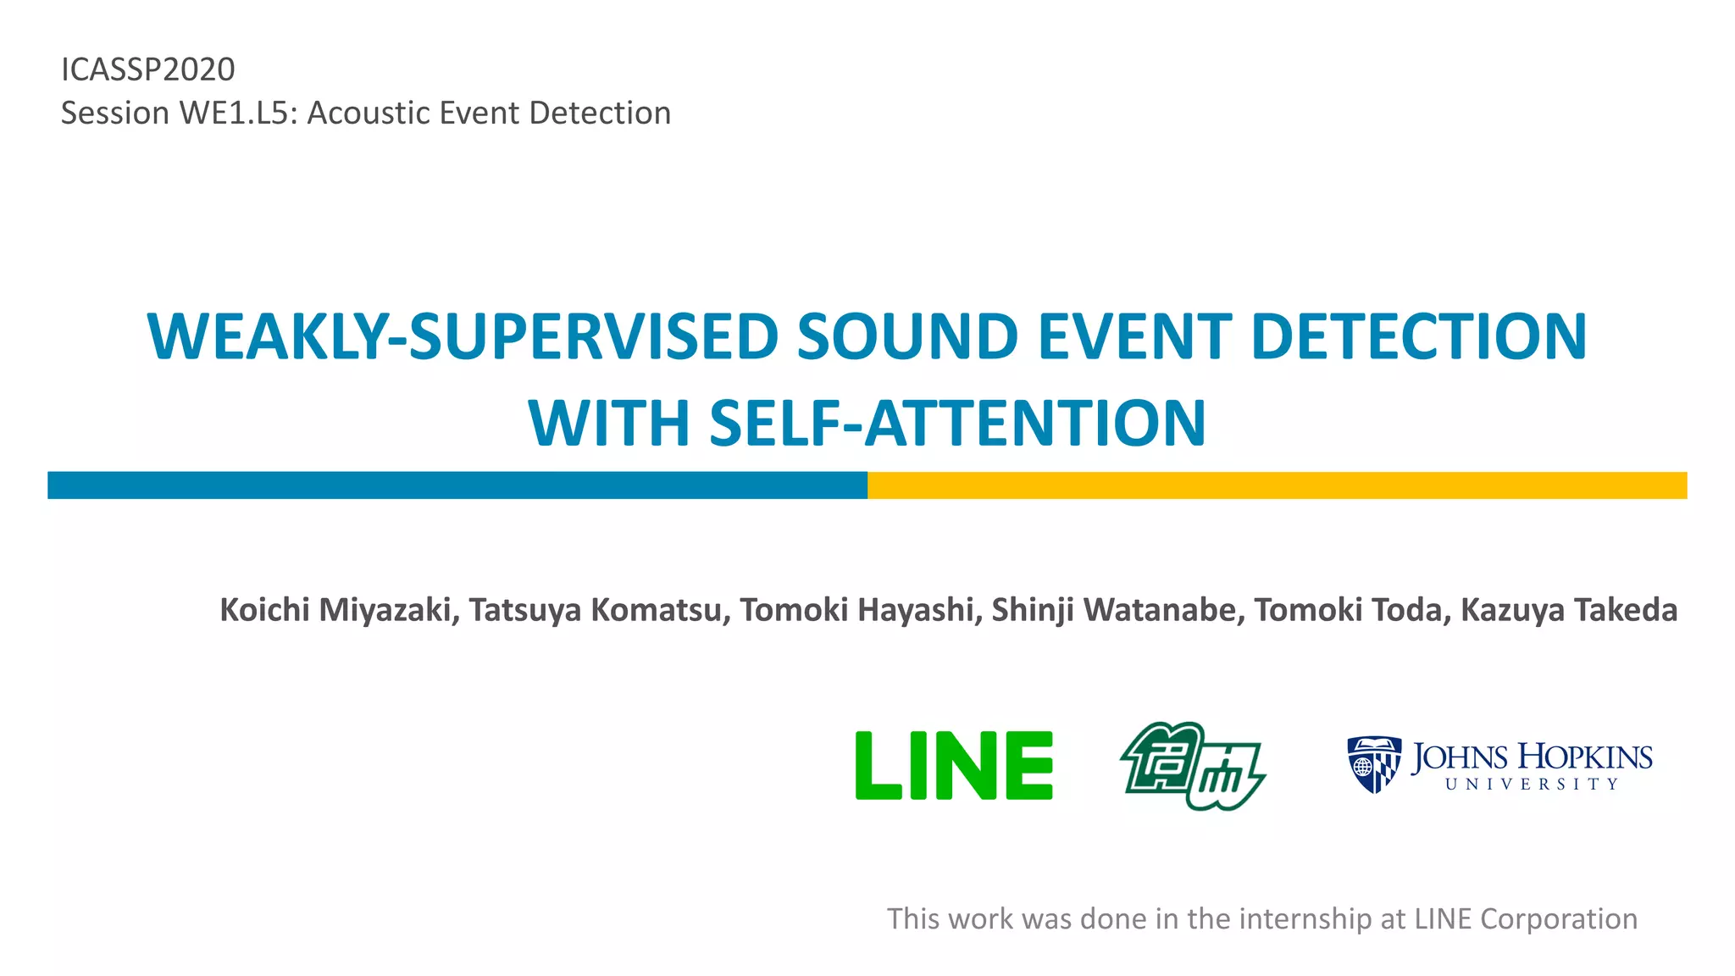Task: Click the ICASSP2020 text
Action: coord(148,69)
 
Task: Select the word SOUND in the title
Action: coord(906,337)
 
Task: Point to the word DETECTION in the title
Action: coord(1418,337)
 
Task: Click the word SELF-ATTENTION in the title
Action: coord(956,424)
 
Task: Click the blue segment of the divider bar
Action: coord(457,485)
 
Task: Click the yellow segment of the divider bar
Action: coord(1277,485)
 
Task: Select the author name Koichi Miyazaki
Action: coord(335,610)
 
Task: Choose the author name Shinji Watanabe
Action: coord(1113,610)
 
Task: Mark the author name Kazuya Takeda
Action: coord(1568,610)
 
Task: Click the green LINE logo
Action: coord(954,766)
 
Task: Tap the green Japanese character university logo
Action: coord(1192,766)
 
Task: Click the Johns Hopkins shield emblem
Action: coord(1373,764)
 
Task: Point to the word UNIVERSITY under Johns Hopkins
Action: coord(1532,785)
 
